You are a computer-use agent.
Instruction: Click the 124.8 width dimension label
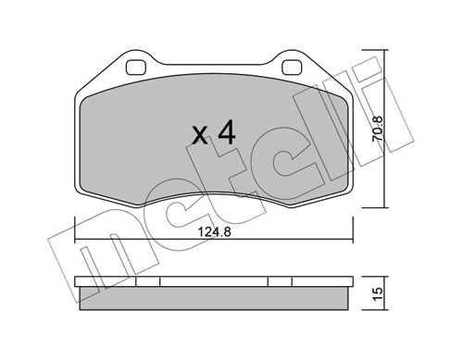(x=214, y=231)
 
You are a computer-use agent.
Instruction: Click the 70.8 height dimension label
(x=378, y=129)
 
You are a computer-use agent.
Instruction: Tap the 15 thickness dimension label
(x=378, y=293)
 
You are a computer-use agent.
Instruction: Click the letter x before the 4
(x=200, y=136)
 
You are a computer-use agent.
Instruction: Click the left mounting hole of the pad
(x=136, y=68)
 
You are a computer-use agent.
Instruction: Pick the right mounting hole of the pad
(x=292, y=68)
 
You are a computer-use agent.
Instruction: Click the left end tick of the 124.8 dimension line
(x=75, y=230)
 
